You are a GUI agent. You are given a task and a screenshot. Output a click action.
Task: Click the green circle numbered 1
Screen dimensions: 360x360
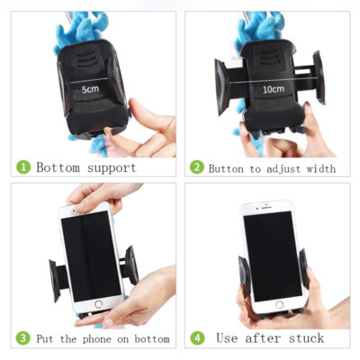23,167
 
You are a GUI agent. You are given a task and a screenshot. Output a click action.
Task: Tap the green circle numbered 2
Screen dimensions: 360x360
197,167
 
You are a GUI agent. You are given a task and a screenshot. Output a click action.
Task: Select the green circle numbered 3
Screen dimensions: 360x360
23,338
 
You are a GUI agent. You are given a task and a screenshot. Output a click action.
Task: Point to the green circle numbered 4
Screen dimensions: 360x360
197,338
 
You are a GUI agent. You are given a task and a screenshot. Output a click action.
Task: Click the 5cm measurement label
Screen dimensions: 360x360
90,90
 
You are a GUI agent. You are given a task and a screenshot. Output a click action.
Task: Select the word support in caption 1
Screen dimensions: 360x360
112,167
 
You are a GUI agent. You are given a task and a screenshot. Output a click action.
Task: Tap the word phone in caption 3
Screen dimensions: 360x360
112,339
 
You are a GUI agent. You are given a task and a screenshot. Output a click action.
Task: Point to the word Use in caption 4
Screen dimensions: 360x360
229,338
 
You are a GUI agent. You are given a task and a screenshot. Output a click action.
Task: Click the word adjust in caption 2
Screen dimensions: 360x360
281,168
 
